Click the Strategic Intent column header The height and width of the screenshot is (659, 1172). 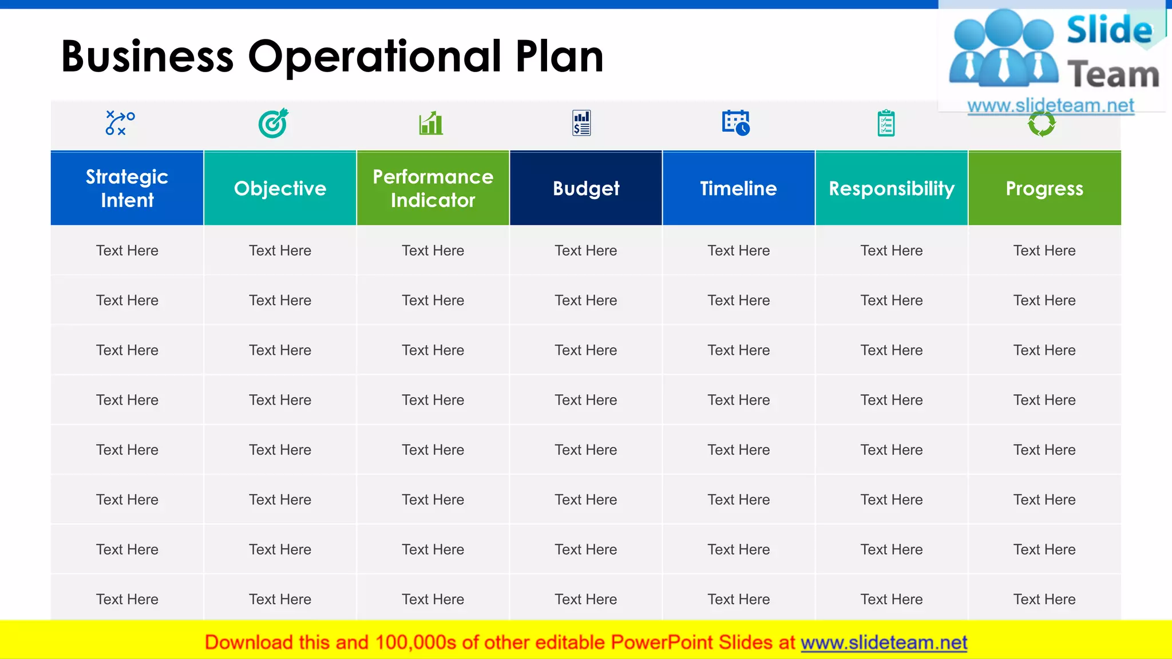[127, 188]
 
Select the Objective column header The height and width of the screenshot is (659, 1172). [280, 188]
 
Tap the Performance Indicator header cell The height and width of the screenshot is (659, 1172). [433, 188]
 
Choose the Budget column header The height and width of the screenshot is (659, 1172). [586, 188]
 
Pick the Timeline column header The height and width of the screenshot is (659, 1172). [738, 188]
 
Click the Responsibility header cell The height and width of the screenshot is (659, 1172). [892, 188]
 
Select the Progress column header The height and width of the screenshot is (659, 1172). [1044, 188]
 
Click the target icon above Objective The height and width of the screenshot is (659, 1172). [274, 123]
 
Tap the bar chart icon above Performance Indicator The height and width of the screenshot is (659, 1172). [431, 123]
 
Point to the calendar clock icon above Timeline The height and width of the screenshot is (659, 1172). [736, 122]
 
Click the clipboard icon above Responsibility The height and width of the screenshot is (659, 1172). [886, 123]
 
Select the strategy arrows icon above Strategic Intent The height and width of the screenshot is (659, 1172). [120, 123]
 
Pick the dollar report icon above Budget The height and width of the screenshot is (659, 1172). [581, 123]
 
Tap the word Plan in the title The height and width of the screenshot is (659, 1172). [559, 57]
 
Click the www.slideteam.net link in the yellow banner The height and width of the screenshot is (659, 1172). [884, 642]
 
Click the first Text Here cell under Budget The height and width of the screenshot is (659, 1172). [586, 251]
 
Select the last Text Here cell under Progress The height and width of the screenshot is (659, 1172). [1044, 599]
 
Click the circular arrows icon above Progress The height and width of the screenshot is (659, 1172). [1042, 124]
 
